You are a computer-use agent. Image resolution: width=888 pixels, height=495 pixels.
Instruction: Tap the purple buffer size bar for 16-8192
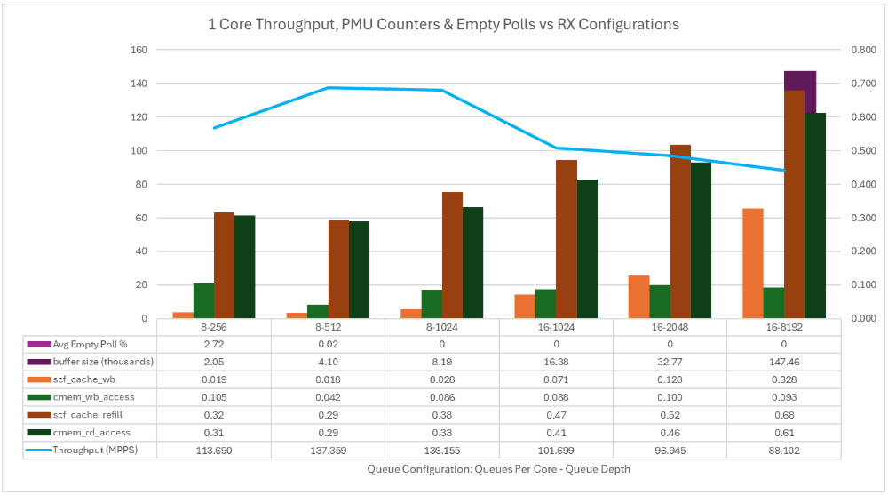tap(800, 80)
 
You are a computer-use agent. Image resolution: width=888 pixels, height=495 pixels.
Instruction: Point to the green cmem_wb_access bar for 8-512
tap(317, 311)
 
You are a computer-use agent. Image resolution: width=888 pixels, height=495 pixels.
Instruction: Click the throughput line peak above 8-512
tap(328, 87)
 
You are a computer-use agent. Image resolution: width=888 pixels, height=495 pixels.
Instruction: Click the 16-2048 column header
tap(670, 327)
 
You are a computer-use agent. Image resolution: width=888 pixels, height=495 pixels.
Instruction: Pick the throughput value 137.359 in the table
tap(328, 450)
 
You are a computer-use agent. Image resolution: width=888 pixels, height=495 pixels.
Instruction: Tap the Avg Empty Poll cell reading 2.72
tap(213, 344)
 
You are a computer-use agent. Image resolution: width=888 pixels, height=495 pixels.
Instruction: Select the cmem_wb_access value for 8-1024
tap(441, 397)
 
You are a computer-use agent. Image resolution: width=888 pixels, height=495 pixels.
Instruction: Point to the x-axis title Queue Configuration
tap(498, 468)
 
